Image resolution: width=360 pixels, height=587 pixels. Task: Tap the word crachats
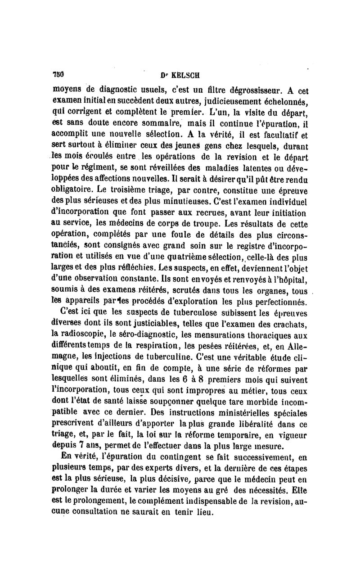tap(286, 323)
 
